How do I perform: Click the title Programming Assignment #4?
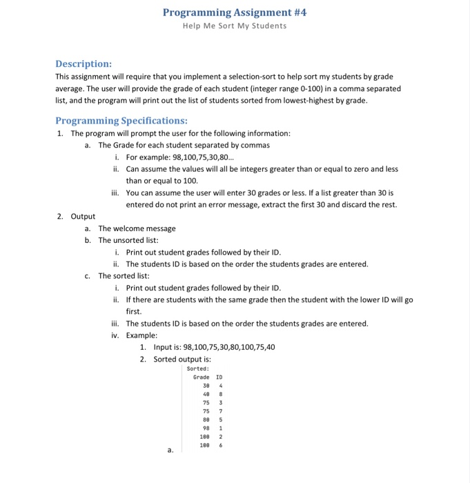click(x=235, y=12)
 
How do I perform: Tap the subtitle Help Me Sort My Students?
click(x=235, y=26)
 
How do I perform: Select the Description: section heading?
click(x=84, y=63)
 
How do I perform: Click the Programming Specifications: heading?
click(x=112, y=120)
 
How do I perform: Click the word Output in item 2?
click(x=83, y=216)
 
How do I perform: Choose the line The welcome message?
click(x=137, y=228)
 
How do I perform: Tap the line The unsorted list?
click(x=128, y=240)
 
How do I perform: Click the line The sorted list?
click(x=124, y=275)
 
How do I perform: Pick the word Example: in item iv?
click(x=142, y=335)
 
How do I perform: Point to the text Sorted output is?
click(x=182, y=359)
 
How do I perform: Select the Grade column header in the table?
click(x=201, y=377)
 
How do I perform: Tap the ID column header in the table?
click(x=219, y=377)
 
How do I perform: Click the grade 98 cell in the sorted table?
click(x=206, y=428)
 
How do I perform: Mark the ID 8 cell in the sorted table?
click(x=220, y=394)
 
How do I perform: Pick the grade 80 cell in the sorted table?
click(x=206, y=420)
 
